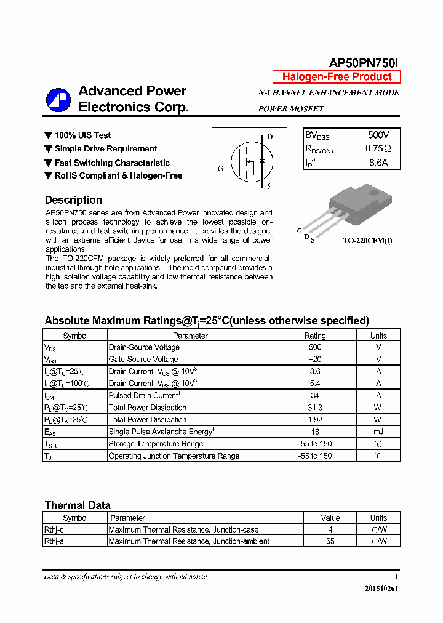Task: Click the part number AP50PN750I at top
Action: coord(364,63)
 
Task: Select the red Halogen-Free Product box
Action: coord(337,77)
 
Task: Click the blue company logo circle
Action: coord(58,100)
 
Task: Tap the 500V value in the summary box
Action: coord(378,135)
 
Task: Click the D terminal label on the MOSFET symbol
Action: coord(269,137)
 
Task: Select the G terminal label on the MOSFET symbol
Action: coord(220,169)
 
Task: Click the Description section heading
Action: coord(73,200)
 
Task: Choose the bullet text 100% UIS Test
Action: coord(82,135)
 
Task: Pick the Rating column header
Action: coord(315,336)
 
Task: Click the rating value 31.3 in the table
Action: coord(315,408)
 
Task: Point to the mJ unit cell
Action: coord(378,432)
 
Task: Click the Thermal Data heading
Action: coord(78,505)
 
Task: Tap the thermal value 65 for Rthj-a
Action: coord(330,541)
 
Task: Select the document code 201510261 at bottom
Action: coord(381,589)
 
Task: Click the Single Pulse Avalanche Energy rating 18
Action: coord(315,432)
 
